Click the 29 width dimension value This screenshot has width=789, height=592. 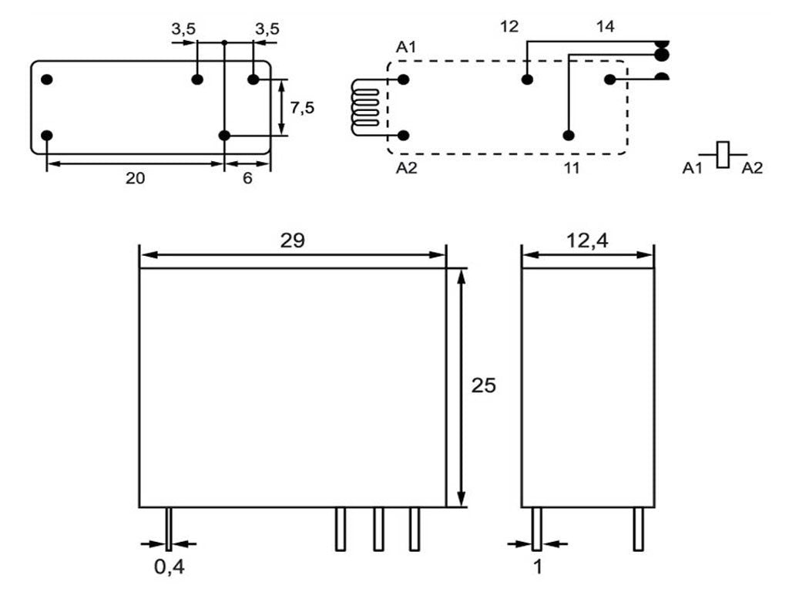coord(292,240)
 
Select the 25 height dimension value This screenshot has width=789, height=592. coord(484,385)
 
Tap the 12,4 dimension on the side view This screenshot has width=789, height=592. coord(587,241)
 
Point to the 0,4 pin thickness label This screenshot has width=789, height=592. coord(169,567)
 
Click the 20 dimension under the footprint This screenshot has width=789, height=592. coord(135,178)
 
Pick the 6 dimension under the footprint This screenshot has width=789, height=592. coord(247,178)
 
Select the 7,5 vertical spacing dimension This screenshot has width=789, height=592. coord(302,108)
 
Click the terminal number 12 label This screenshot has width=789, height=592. coord(509,26)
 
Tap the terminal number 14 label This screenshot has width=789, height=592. coord(606,26)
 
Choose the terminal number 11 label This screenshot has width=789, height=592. coord(571,167)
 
